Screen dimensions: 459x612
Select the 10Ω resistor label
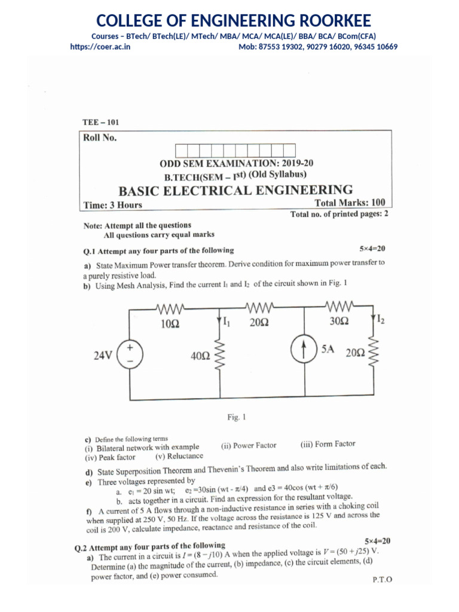click(170, 323)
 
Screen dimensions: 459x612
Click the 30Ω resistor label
click(339, 321)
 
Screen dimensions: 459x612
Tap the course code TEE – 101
click(100, 122)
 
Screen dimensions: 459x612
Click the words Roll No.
click(100, 138)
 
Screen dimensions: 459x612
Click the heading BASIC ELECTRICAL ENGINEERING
click(235, 191)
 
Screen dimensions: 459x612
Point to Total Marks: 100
click(354, 202)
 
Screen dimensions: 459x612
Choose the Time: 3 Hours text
click(112, 204)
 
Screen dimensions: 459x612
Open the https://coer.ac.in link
click(100, 47)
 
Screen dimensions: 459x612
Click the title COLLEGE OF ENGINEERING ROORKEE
click(229, 22)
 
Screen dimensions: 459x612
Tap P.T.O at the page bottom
click(381, 579)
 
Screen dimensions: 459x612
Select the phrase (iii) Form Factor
click(328, 443)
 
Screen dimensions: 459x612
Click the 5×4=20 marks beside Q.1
click(373, 247)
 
